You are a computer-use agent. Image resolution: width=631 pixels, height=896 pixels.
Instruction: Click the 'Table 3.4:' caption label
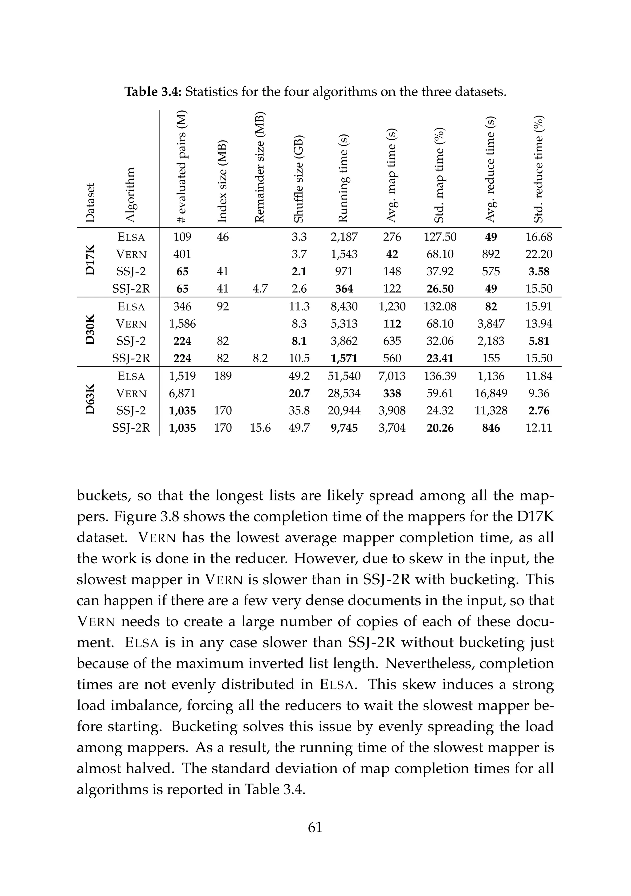(x=154, y=92)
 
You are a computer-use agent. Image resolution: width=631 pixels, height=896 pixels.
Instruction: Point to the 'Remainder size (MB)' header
(x=260, y=167)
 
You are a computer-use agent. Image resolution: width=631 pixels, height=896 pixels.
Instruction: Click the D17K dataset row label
(x=90, y=262)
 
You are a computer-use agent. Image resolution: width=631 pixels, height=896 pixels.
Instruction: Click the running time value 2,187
(x=344, y=237)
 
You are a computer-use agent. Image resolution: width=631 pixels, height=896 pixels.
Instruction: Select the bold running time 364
(x=344, y=289)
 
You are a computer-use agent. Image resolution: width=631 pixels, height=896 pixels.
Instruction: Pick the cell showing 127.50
(x=440, y=237)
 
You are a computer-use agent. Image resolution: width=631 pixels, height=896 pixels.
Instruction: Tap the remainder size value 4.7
(x=260, y=289)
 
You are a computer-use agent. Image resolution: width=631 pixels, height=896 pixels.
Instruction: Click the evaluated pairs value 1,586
(x=182, y=324)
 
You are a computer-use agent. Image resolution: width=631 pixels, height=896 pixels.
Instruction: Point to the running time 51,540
(x=344, y=376)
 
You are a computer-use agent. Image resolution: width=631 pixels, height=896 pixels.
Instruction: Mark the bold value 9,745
(x=344, y=428)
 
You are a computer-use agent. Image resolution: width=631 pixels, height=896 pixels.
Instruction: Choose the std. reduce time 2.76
(x=539, y=410)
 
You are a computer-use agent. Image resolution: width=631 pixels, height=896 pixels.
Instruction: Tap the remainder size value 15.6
(x=260, y=428)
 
